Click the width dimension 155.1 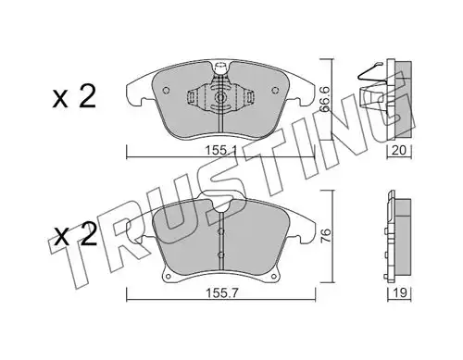(220, 151)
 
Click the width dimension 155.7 (221, 293)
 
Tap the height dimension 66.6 (324, 99)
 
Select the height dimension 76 (326, 236)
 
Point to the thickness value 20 (399, 150)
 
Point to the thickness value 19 (400, 292)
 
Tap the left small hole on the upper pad (166, 90)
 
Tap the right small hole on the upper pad (275, 90)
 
